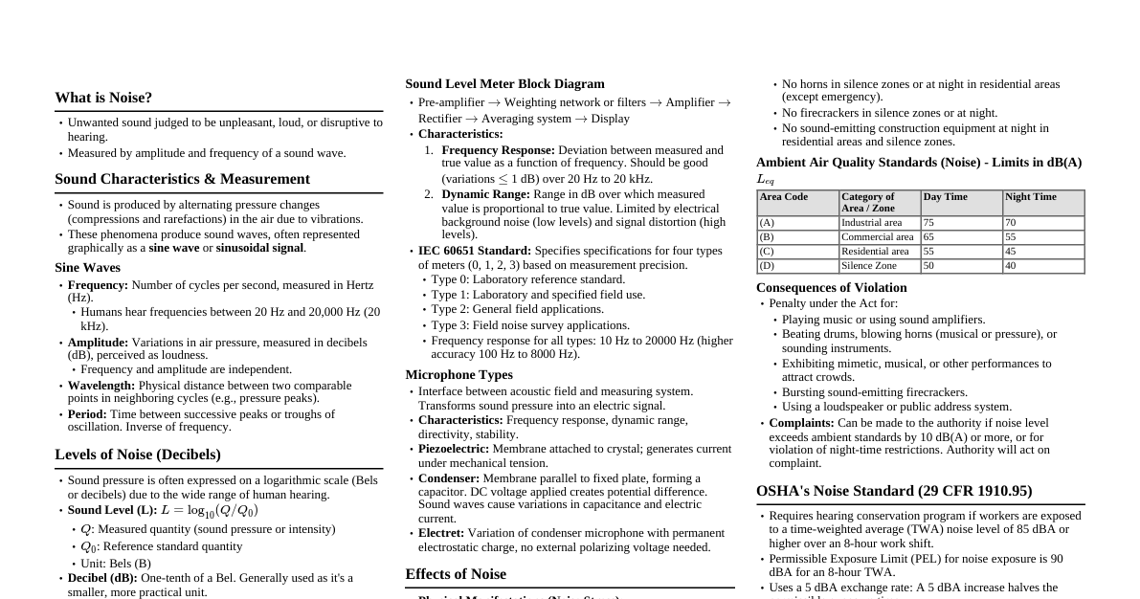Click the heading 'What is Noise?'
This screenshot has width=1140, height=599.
point(103,98)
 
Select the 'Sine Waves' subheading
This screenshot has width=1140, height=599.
point(87,268)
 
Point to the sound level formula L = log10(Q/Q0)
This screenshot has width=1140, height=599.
point(210,511)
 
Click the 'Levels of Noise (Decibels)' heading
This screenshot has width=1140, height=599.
point(137,455)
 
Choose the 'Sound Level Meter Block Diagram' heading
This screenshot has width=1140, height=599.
point(504,84)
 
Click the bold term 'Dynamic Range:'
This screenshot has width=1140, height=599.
point(485,194)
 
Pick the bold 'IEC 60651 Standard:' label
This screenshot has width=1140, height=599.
point(474,251)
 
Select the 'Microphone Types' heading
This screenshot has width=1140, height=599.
point(458,375)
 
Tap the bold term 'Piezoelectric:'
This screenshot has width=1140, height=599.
point(454,449)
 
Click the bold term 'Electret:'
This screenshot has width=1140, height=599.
point(441,533)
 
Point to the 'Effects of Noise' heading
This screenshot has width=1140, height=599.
point(456,574)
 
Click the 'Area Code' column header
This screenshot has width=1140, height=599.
point(783,197)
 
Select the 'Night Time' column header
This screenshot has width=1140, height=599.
point(1030,197)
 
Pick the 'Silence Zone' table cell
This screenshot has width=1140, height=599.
point(868,266)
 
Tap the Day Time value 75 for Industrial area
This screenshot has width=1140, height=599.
point(928,223)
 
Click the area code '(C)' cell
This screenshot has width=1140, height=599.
point(767,252)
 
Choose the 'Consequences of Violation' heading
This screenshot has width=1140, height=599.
point(831,288)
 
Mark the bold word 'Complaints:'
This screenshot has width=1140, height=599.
point(801,423)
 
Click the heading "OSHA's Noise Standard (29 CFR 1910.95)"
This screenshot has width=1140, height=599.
point(894,491)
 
